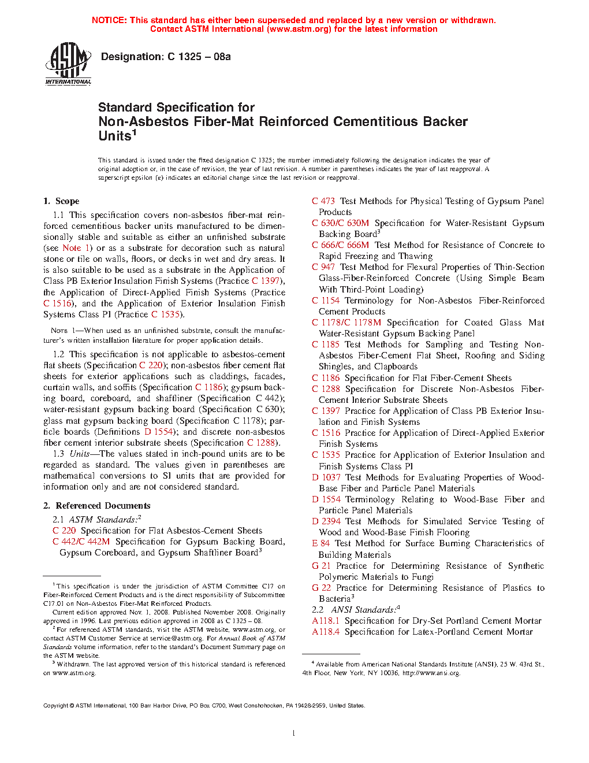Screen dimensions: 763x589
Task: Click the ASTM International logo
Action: point(68,64)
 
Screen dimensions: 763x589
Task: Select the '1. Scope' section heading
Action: point(61,201)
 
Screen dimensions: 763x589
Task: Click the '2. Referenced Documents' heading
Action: point(96,506)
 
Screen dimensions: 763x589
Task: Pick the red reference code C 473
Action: point(323,201)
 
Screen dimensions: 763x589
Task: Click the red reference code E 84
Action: point(321,543)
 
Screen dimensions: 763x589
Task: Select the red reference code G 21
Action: point(321,566)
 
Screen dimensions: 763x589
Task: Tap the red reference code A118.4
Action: point(326,632)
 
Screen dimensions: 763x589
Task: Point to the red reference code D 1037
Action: point(326,477)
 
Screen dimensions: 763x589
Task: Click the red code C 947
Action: point(323,267)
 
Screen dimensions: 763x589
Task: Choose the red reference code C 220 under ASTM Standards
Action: point(64,531)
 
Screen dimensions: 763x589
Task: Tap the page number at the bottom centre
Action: point(294,734)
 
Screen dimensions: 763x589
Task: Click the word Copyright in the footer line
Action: point(56,706)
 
